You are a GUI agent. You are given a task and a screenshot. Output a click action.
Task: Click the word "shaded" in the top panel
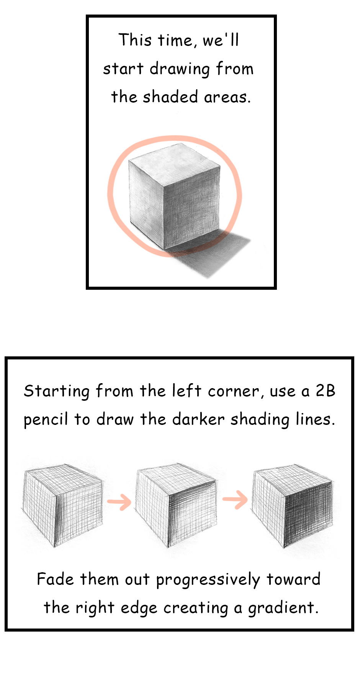170,96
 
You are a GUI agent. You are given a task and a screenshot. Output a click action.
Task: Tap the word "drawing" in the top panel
180,69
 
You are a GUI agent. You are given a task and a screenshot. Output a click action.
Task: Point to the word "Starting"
57,392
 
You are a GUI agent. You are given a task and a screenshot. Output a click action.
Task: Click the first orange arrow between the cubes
119,502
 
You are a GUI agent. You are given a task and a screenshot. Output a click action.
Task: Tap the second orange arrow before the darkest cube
235,499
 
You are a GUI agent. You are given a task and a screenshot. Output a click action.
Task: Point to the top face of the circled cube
175,163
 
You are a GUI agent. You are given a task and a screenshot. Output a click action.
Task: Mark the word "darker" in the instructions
198,420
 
